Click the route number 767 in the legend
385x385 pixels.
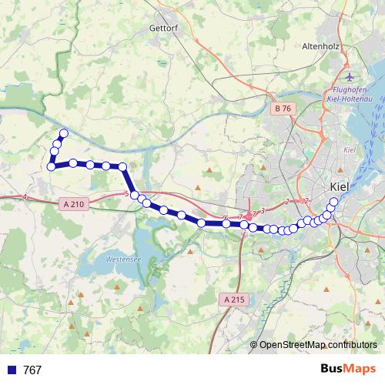coord(32,370)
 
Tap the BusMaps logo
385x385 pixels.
coord(348,370)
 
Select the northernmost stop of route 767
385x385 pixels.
coord(64,134)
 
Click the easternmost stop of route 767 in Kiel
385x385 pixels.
coord(333,203)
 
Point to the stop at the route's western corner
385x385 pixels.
coord(51,166)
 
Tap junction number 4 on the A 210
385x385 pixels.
coord(25,197)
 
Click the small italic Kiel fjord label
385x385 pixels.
coord(349,149)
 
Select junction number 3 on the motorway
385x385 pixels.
coord(263,209)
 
